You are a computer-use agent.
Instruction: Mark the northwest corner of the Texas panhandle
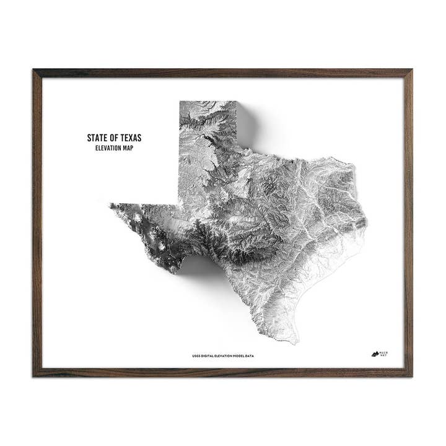coord(179,102)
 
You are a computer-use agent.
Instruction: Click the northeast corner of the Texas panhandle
coord(237,102)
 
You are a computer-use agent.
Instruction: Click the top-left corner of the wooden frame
coord(33,70)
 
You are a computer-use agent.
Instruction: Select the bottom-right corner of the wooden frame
coord(412,376)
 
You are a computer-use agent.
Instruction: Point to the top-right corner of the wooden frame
coord(412,70)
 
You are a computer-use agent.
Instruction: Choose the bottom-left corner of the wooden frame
coord(33,376)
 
